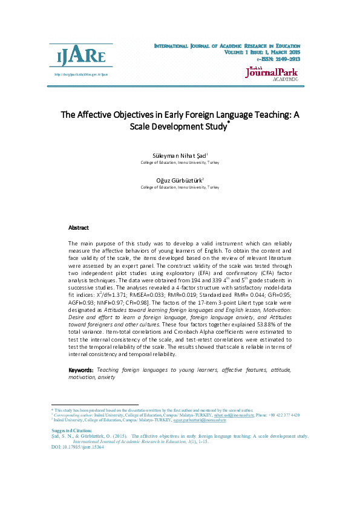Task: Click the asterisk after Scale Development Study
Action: [x=229, y=123]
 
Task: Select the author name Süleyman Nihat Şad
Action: [x=180, y=155]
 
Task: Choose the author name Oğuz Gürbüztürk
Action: [x=180, y=180]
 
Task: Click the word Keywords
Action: [x=80, y=369]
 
